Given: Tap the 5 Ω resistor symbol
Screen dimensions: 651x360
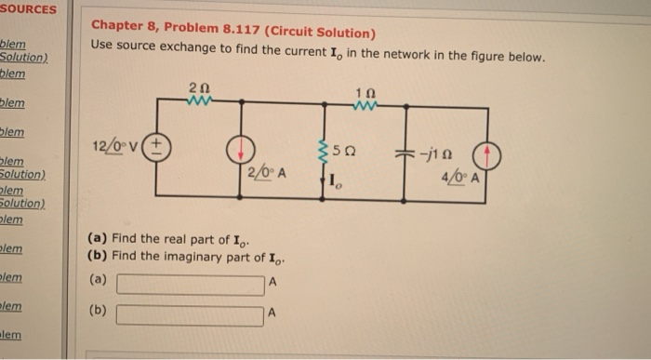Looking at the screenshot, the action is (x=323, y=151).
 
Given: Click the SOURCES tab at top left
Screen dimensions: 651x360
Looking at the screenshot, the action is (x=28, y=9).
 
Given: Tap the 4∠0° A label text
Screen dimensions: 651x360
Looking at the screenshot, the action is (x=460, y=174).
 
